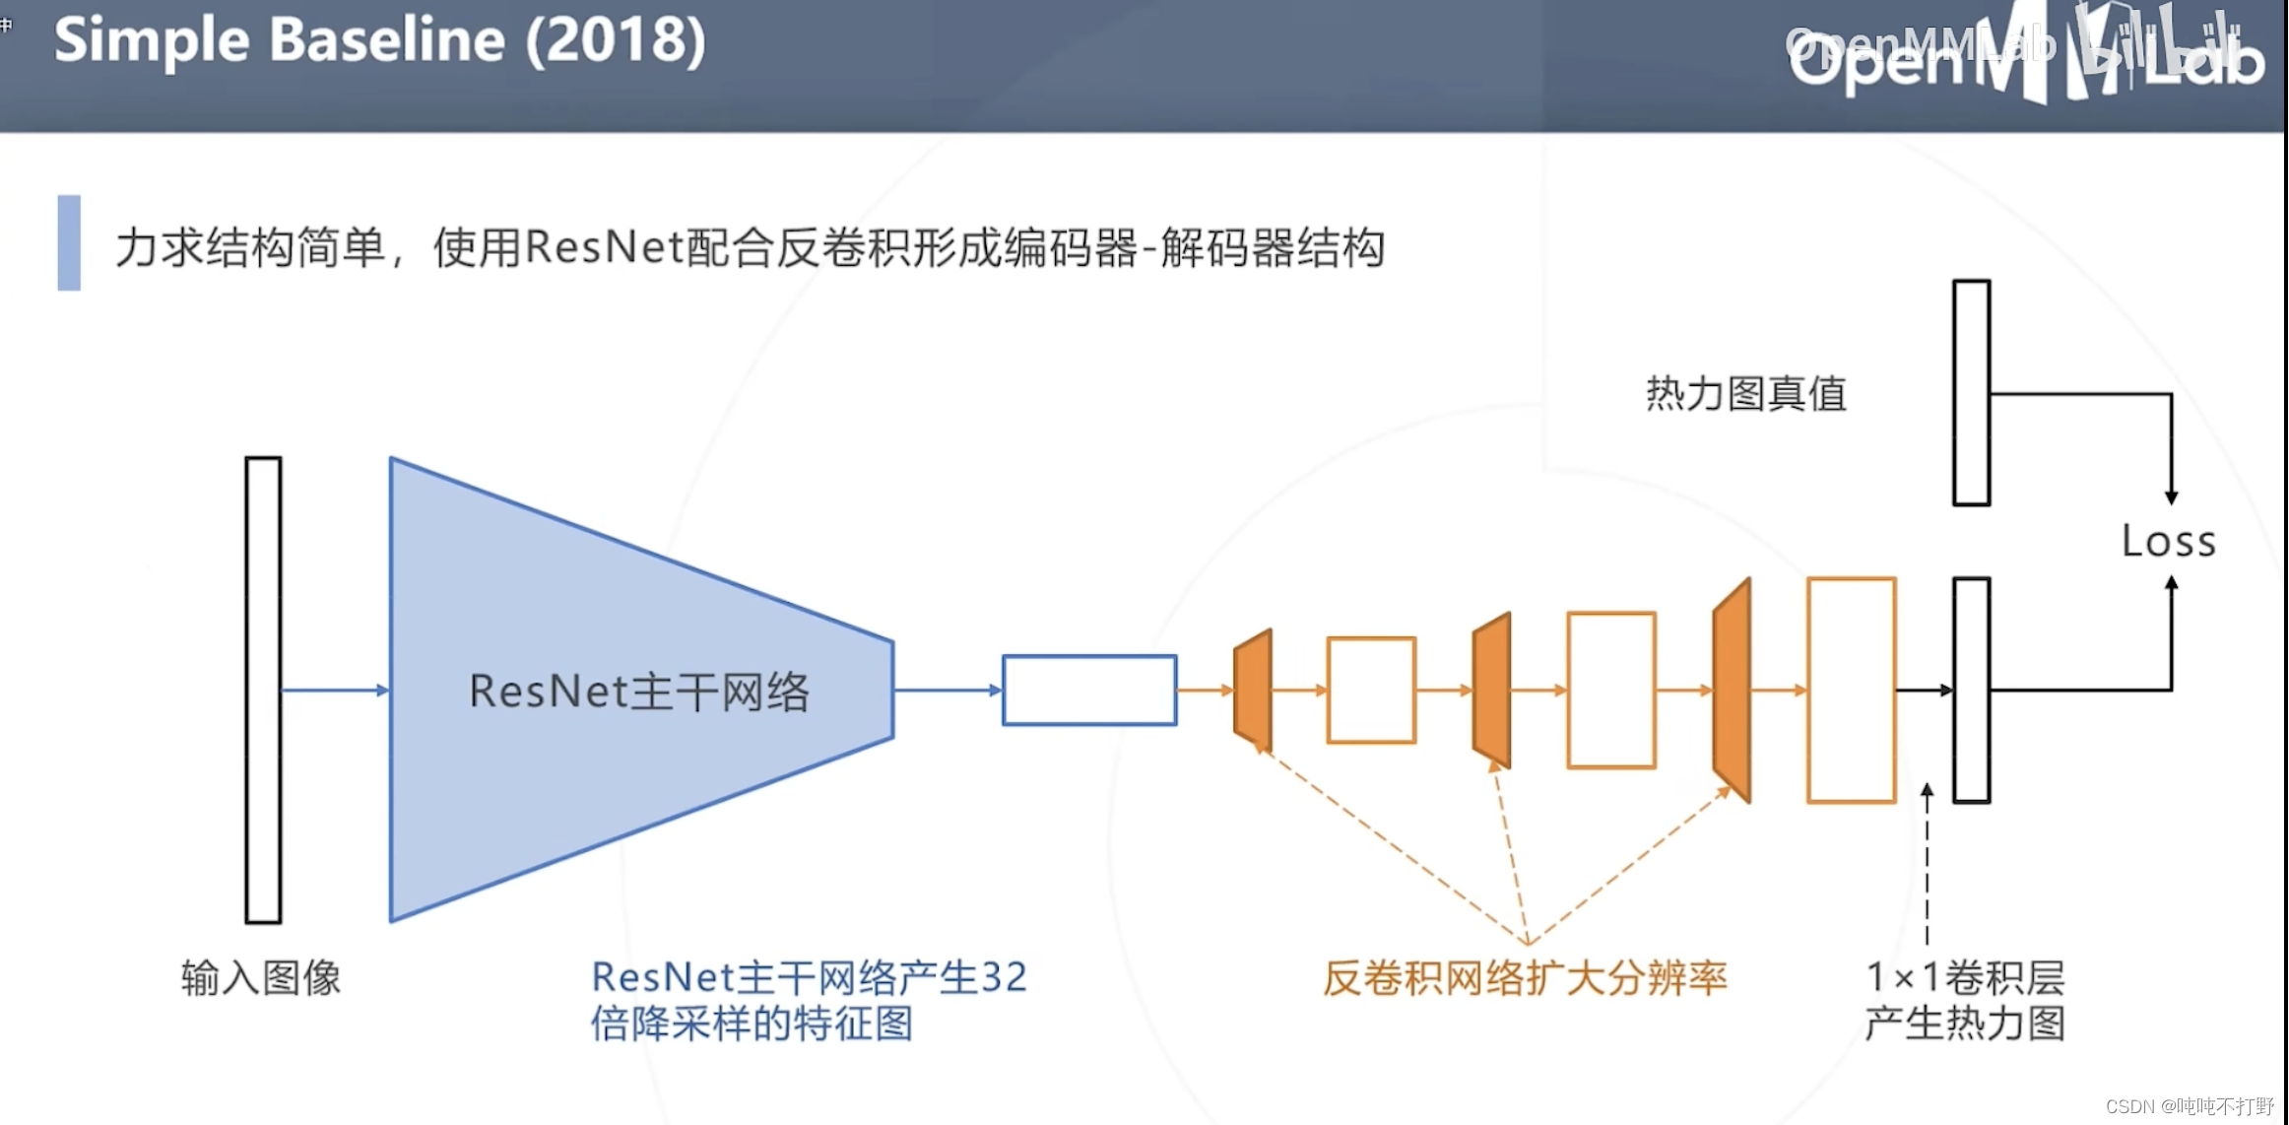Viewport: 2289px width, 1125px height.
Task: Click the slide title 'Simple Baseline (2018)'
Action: coord(379,41)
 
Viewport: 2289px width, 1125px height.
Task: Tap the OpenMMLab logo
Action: coord(2024,54)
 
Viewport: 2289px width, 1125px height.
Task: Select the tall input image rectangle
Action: coord(263,690)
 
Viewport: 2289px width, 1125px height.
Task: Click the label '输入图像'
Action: coord(261,978)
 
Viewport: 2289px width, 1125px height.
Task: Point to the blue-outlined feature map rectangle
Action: coord(1089,690)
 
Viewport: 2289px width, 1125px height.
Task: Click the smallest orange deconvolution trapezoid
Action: coord(1253,690)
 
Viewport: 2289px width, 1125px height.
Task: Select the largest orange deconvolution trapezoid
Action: coord(1733,690)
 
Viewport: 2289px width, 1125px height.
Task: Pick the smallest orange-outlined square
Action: coord(1371,690)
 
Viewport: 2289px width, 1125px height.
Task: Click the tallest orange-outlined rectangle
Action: coord(1852,690)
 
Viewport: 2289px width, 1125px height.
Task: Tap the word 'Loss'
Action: coord(2168,542)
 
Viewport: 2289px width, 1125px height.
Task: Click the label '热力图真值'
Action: coord(1745,394)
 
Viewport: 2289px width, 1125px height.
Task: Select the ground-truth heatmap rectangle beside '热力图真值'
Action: coord(1972,392)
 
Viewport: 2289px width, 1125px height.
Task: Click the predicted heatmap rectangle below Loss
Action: coord(1972,690)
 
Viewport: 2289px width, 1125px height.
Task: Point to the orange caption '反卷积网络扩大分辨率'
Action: coord(1525,978)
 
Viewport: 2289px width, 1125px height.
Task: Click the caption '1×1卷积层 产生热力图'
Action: coord(1965,1000)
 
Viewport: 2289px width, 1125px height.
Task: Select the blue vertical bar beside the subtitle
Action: coord(69,242)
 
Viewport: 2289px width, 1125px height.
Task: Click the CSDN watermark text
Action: coord(2189,1106)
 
